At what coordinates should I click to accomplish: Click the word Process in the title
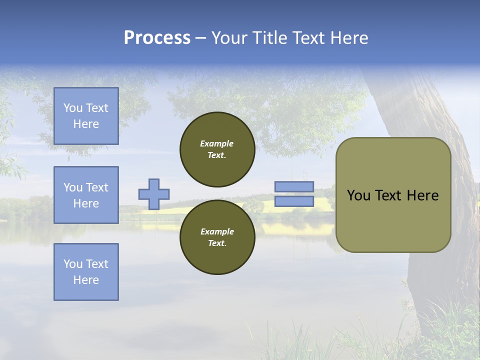pos(157,38)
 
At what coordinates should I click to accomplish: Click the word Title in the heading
pos(269,38)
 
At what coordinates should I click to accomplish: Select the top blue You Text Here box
pos(86,116)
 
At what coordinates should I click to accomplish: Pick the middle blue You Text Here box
pos(86,195)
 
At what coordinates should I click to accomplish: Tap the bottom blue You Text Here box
pos(86,272)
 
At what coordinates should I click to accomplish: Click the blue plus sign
pos(154,194)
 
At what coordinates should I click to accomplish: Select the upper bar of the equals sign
pos(294,187)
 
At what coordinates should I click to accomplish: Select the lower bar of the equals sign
pos(294,201)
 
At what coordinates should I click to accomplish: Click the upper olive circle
pos(217,149)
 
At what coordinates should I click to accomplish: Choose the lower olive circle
pos(217,237)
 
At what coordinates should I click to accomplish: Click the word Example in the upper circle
pos(217,143)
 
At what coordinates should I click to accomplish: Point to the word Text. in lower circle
pos(217,243)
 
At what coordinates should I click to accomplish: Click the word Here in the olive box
pos(422,195)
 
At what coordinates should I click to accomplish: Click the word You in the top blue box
pos(73,108)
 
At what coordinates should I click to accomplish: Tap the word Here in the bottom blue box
pos(86,280)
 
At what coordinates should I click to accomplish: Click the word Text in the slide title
pos(309,38)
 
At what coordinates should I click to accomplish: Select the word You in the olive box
pos(358,195)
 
